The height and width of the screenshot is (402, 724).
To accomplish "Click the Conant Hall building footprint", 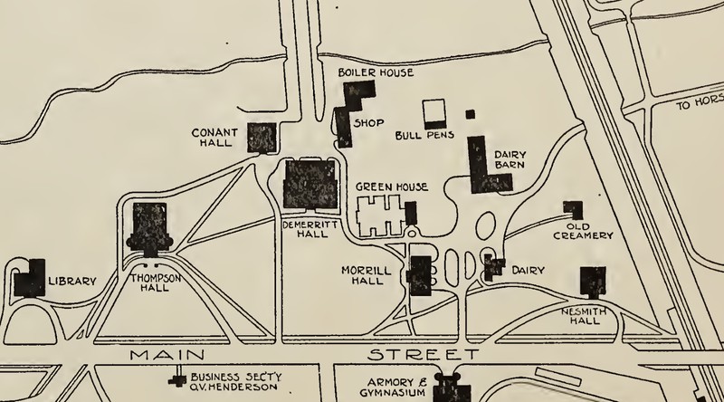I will [262, 139].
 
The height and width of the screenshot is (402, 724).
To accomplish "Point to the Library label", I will [71, 282].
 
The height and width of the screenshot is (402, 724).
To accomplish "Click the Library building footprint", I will [30, 279].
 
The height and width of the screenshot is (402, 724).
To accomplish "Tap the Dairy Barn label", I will [510, 160].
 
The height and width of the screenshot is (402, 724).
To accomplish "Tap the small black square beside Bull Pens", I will [470, 114].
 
